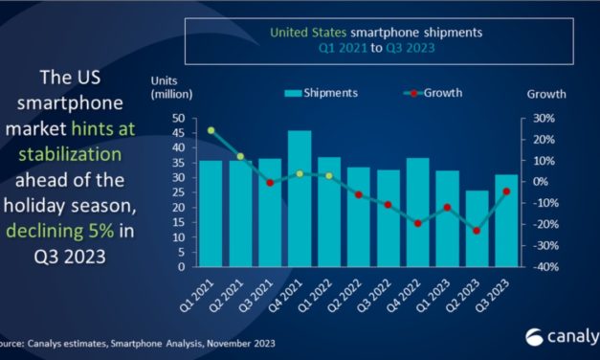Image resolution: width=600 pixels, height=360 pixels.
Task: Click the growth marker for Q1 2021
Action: tap(211, 130)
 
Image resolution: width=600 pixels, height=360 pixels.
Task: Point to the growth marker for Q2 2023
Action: tap(477, 231)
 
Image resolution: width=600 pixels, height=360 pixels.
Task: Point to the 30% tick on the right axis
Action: tap(542, 118)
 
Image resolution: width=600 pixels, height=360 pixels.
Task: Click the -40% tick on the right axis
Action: tap(541, 267)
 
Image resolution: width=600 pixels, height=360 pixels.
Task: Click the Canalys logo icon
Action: tap(534, 336)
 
